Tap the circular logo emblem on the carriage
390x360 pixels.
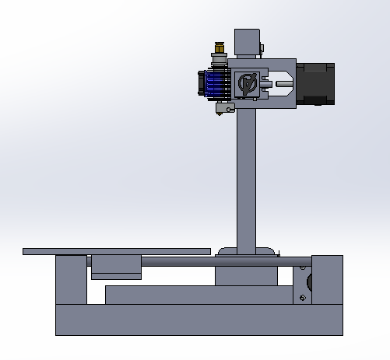point(248,83)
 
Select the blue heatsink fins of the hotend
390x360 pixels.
point(215,82)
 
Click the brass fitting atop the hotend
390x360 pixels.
point(220,50)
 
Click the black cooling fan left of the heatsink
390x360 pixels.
point(201,83)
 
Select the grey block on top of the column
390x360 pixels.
point(247,43)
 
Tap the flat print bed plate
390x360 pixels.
point(117,251)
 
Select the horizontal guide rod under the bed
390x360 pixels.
point(226,262)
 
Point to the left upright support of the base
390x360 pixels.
point(71,280)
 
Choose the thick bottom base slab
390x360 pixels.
point(199,320)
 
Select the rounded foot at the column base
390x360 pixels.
point(248,251)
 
